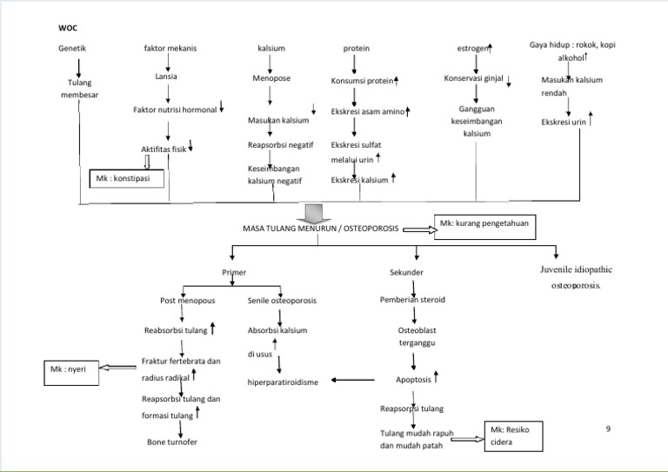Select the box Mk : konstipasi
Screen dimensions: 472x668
[x=127, y=180]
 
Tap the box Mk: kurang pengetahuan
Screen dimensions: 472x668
[x=481, y=227]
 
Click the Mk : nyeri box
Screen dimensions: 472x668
[x=70, y=372]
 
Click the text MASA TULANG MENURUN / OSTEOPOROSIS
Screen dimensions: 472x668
[x=321, y=229]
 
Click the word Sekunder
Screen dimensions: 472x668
[x=406, y=272]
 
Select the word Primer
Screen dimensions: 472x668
[x=234, y=272]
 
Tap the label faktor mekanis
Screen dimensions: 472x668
[x=170, y=48]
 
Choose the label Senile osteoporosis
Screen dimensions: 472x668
[x=282, y=301]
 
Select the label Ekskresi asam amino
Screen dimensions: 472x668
[x=368, y=111]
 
